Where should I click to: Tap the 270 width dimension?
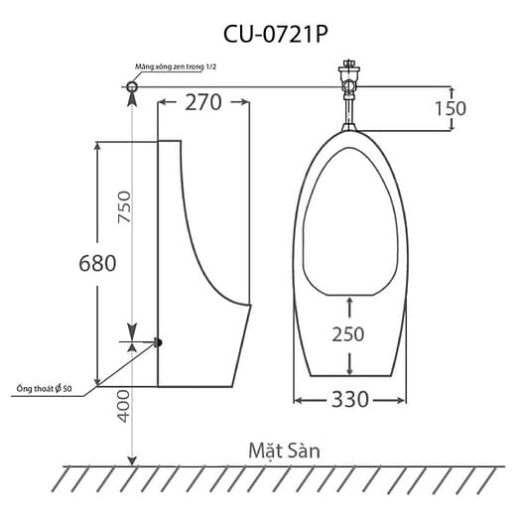(x=202, y=102)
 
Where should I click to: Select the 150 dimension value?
(x=449, y=108)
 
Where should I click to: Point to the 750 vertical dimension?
(x=124, y=209)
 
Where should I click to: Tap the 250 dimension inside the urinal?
(x=347, y=333)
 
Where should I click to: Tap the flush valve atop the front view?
(x=346, y=79)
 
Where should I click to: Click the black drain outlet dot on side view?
(x=157, y=342)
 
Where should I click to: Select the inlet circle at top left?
(x=133, y=89)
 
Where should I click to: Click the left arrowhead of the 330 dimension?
(x=298, y=401)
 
